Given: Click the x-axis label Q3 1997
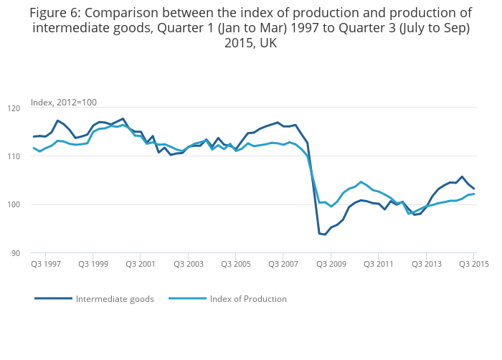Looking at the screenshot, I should (45, 265).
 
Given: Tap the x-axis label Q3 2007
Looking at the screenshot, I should (283, 265).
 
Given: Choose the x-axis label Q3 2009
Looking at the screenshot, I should (331, 265).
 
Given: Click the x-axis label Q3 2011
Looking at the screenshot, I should (379, 265).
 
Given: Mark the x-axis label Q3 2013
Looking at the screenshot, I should (426, 265).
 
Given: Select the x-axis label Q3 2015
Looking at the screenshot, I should (473, 265).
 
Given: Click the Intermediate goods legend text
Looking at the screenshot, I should (115, 299).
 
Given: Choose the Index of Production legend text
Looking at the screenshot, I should (248, 299).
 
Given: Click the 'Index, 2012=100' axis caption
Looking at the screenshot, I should (64, 103).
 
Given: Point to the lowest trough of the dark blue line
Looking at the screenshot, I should (325, 235).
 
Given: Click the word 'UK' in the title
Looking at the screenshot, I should (267, 43).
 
